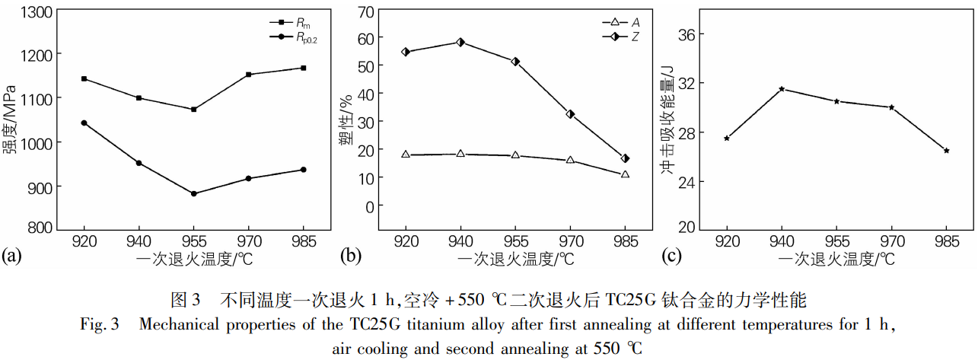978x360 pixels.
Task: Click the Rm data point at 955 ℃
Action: coord(194,110)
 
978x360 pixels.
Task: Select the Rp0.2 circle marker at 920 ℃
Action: coord(84,123)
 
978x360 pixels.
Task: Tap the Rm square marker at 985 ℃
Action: coord(304,68)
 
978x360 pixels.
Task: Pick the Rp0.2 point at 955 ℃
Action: coord(194,193)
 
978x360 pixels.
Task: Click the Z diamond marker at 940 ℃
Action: coord(460,42)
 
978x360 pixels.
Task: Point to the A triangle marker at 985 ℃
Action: coord(625,174)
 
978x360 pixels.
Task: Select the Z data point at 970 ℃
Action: coord(570,114)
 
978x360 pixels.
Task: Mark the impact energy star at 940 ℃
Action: coord(782,89)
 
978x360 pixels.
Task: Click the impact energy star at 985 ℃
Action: coord(946,151)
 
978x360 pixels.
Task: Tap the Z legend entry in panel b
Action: coord(623,36)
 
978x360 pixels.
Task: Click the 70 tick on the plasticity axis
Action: coord(367,11)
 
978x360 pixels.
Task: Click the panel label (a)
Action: coord(13,254)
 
